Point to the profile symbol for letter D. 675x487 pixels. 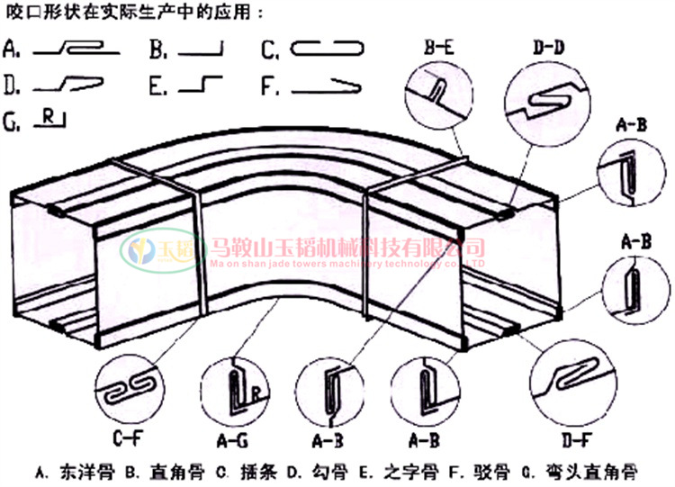click(71, 85)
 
